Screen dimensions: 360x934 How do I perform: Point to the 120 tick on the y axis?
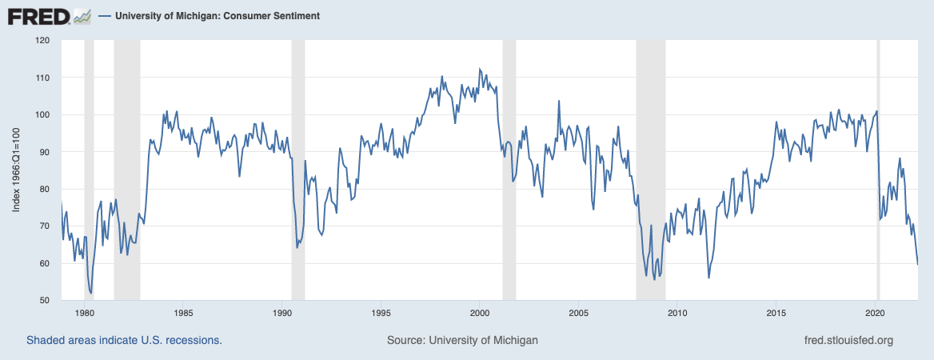(42, 40)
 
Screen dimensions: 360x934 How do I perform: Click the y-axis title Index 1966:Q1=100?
(17, 170)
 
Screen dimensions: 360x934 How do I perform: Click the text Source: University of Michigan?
(462, 340)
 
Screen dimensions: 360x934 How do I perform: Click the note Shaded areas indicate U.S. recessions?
(124, 340)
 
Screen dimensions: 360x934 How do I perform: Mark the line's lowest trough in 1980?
(91, 294)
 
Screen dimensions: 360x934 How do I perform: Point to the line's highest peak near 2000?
(479, 69)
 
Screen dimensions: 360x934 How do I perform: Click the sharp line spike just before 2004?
(559, 101)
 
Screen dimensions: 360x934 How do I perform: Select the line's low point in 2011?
(708, 278)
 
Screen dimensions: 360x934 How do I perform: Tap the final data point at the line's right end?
(917, 264)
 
